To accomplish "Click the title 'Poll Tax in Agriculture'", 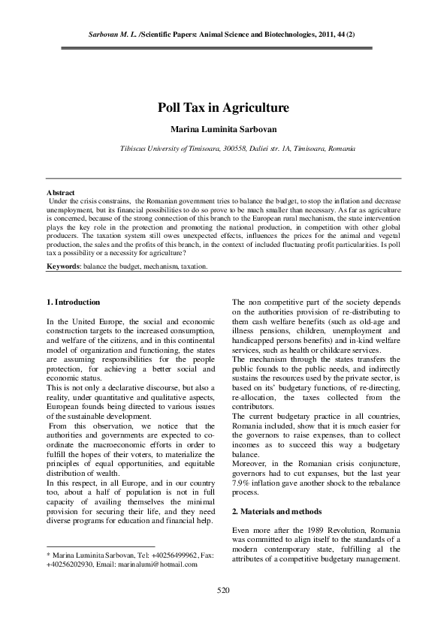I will tap(223, 108).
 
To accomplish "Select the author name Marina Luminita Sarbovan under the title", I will tap(223, 129).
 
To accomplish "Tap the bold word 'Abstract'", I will tap(60, 194).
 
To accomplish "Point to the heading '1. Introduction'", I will tap(73, 302).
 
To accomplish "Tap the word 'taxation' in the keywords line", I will tap(192, 266).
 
